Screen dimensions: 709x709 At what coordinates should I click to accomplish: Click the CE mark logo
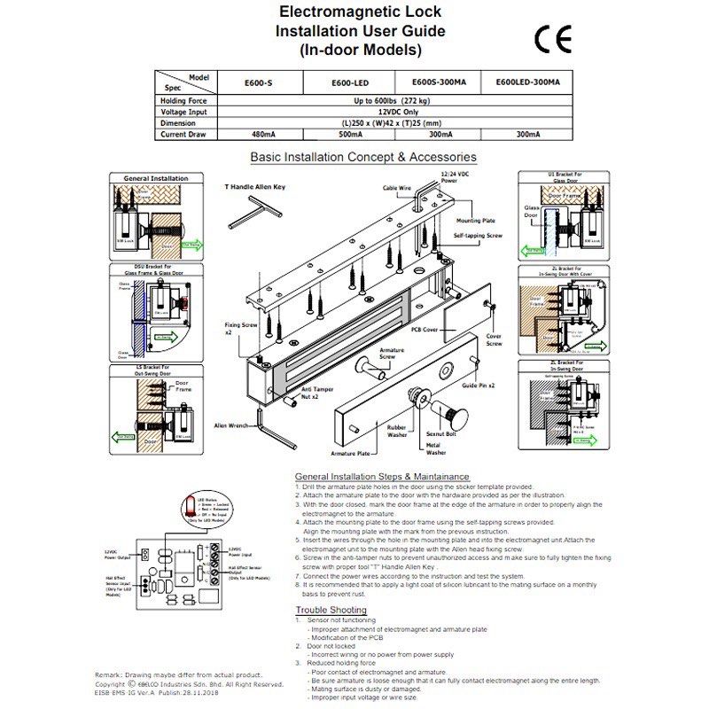pos(553,41)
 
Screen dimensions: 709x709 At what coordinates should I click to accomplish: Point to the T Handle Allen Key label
pos(254,187)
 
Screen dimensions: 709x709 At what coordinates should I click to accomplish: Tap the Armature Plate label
pos(350,454)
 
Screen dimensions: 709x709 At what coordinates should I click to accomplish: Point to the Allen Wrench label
pos(231,425)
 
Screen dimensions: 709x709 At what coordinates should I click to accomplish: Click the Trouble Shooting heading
pos(330,611)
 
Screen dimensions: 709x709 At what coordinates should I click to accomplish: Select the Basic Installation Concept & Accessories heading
pos(362,157)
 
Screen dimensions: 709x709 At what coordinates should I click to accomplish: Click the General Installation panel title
pos(155,178)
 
